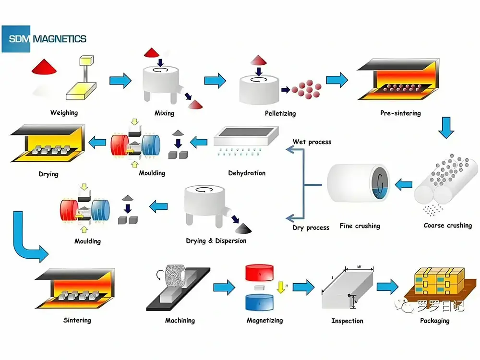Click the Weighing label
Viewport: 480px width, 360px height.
64,113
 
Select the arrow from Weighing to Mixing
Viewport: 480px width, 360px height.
120,80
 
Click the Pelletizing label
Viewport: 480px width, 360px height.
280,113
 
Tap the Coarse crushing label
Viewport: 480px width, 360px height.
447,225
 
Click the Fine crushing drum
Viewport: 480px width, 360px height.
358,184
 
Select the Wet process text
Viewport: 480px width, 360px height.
312,142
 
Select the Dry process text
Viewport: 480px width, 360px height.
311,227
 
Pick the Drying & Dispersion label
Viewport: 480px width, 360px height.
216,240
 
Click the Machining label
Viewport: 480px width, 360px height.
180,320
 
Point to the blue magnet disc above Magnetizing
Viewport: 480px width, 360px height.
259,302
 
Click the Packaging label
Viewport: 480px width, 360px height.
435,320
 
